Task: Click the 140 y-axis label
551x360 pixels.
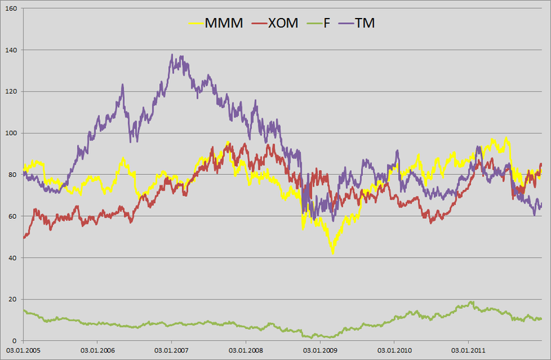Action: pos(12,50)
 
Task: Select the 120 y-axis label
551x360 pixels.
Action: pos(12,92)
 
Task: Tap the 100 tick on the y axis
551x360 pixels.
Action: pos(12,133)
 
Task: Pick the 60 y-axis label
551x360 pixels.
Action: pos(14,216)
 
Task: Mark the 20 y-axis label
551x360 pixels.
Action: pos(14,299)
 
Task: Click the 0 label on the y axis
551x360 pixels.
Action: pos(17,341)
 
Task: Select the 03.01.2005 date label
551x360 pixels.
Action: pos(23,351)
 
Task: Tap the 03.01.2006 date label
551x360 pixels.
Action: pos(98,351)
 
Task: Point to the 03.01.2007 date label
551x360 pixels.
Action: pos(172,351)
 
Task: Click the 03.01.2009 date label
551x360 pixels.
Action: pos(320,351)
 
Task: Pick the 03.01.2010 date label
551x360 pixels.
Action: pos(395,351)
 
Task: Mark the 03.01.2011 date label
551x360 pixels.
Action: pos(469,351)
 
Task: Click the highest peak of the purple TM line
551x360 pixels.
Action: pos(171,55)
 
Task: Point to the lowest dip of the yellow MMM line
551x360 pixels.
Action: pos(333,253)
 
